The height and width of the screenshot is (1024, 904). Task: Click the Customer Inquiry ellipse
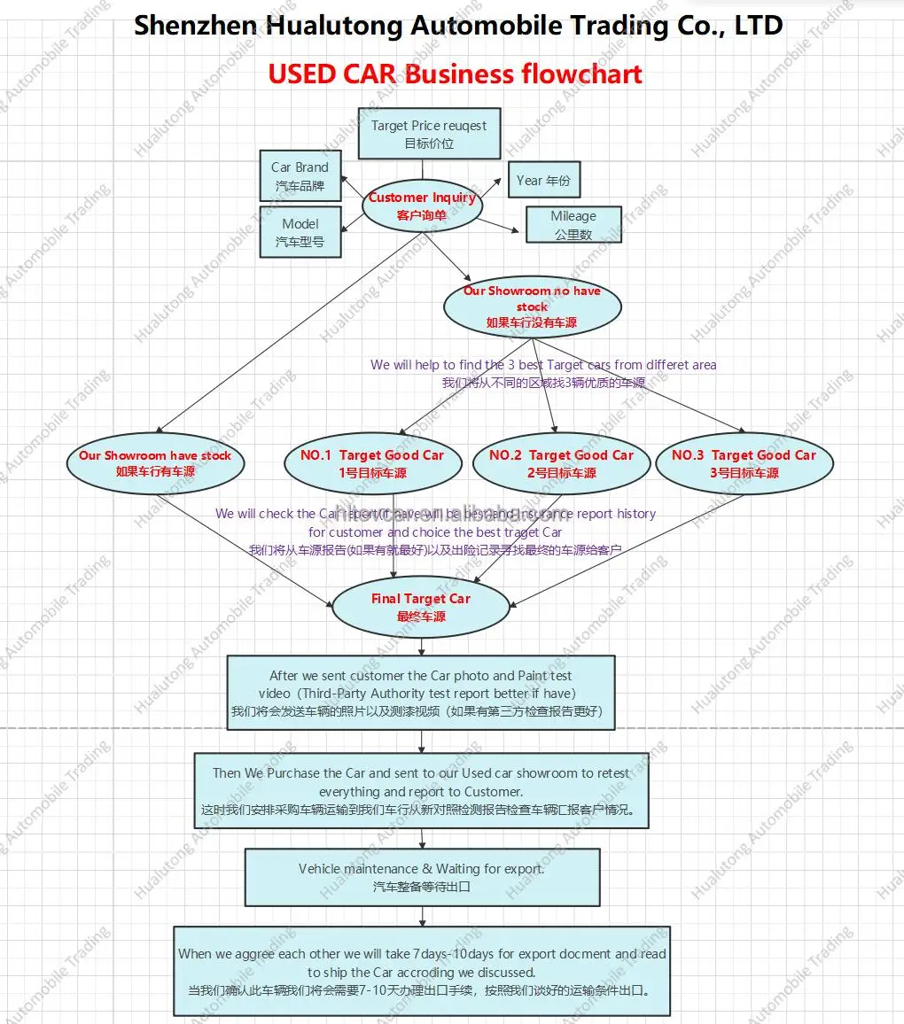(422, 206)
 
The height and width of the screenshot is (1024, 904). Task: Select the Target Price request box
(429, 134)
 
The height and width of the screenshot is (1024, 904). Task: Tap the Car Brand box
(300, 176)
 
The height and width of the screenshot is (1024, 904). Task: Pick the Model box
(300, 232)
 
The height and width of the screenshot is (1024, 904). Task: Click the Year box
(543, 180)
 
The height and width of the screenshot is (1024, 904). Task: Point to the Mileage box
(573, 225)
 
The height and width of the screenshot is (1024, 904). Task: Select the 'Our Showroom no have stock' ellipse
(532, 306)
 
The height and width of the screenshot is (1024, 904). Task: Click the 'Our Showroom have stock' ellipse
(155, 463)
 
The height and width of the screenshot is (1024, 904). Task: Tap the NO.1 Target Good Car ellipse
(372, 463)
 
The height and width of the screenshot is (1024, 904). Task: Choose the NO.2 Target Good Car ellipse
(562, 463)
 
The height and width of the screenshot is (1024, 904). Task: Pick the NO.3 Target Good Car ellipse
(744, 463)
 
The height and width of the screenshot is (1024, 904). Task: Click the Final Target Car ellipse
(421, 607)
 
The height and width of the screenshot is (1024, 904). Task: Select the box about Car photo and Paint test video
(421, 693)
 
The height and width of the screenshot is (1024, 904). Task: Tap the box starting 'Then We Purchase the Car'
(421, 791)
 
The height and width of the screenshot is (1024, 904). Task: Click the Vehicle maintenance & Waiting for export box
(422, 877)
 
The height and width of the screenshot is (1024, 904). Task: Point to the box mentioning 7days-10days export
(422, 971)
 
